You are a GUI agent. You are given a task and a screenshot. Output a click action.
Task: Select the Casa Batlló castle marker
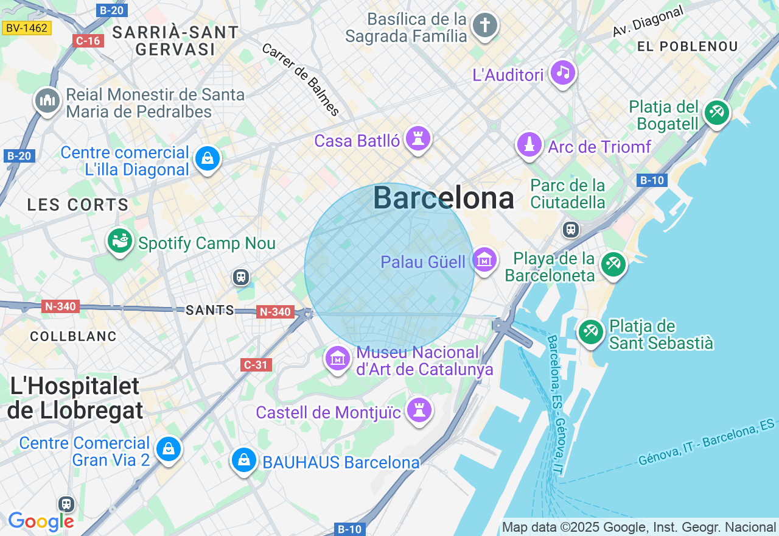point(418,139)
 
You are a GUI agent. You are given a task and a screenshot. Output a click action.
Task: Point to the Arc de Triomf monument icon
point(529,145)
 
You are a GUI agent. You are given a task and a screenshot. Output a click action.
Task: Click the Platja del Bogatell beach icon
point(717,113)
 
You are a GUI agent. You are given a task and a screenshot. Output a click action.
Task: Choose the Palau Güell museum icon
point(484,261)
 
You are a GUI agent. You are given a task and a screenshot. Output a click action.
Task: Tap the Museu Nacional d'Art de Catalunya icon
point(338,359)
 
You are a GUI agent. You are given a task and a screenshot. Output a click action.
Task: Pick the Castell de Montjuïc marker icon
point(419,410)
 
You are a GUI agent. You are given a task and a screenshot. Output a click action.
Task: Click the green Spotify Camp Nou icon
point(120,241)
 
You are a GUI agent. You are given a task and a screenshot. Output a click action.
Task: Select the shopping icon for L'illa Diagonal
point(208,159)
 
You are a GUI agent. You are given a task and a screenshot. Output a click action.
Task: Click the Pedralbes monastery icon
point(47,101)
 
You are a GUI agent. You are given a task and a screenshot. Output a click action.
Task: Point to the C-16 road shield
point(88,41)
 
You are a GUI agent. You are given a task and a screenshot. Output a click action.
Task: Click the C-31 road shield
point(256,365)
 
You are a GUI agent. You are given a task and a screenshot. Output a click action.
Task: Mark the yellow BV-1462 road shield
point(27,27)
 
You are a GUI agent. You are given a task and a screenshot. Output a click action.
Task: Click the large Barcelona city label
point(443,198)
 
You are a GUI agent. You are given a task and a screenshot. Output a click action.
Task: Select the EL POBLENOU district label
point(687,46)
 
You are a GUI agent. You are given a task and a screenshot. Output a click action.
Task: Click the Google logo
point(41,521)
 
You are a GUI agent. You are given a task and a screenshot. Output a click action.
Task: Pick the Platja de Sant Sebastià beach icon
point(590,332)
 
